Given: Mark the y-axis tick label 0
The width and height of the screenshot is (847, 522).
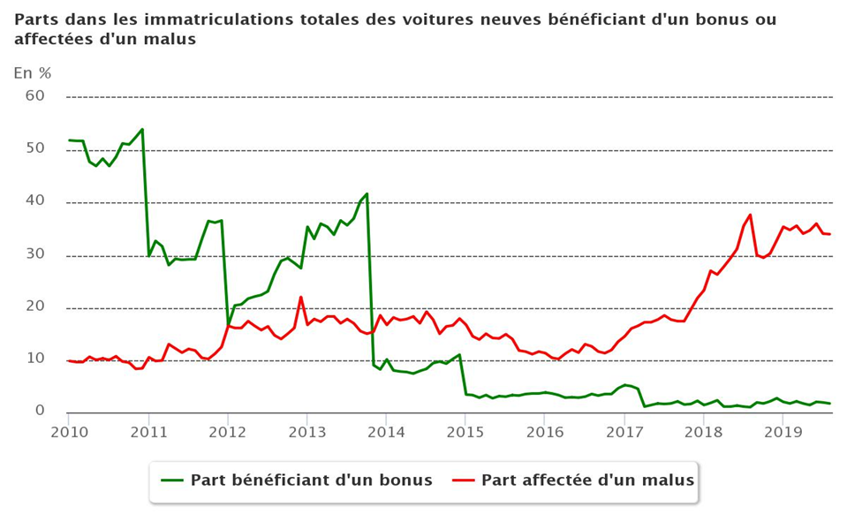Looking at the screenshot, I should (x=39, y=411).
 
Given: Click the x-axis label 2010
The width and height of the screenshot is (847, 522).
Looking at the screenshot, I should (x=69, y=431).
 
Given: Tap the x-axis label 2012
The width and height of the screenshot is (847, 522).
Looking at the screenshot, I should (x=228, y=431).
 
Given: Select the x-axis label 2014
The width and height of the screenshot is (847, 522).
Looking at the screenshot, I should (x=387, y=431).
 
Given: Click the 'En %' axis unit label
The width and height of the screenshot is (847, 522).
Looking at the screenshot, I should (x=33, y=73).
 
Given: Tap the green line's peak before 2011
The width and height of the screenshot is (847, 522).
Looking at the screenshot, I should (x=142, y=129).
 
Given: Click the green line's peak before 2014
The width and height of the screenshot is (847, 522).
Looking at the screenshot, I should (x=367, y=193).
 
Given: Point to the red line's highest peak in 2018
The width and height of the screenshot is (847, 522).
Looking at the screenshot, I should (x=750, y=215).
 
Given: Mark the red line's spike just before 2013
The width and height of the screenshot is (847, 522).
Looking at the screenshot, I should (x=300, y=297).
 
